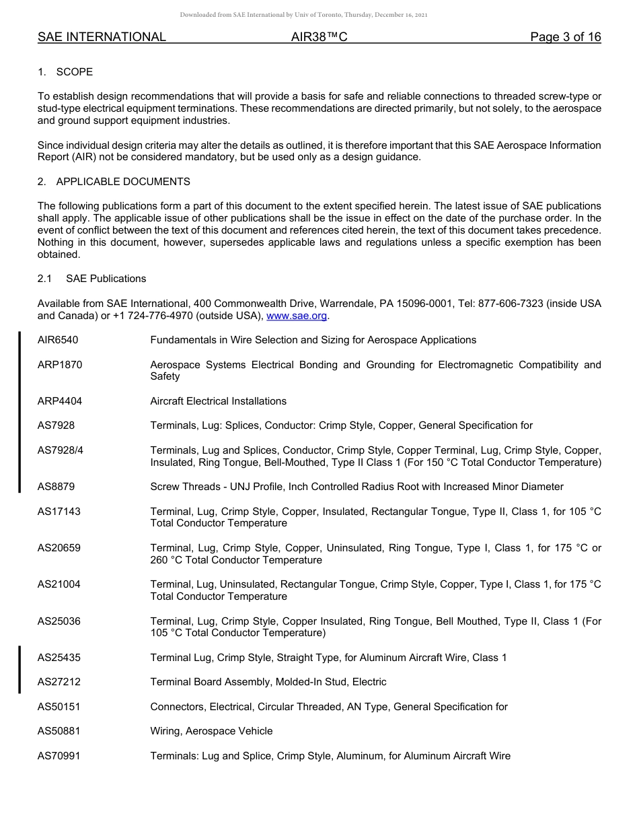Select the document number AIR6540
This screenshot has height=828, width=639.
click(58, 340)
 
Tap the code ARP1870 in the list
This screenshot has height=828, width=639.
click(60, 365)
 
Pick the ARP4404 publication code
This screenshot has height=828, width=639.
click(60, 401)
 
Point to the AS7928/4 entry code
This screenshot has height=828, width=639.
click(61, 450)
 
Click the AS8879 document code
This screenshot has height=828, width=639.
click(57, 487)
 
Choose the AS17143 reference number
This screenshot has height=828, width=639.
click(59, 512)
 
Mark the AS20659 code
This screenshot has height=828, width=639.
click(59, 548)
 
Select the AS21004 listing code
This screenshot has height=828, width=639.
click(59, 584)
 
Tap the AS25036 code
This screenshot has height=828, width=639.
click(59, 621)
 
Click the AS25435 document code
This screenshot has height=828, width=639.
click(59, 658)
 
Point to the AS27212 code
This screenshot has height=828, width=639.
click(59, 682)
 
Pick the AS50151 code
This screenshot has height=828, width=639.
click(59, 707)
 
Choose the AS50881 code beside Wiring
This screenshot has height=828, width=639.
click(59, 731)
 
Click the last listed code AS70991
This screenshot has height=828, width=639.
click(59, 756)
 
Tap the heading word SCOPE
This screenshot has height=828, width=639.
click(75, 72)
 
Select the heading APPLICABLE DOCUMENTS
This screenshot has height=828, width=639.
click(123, 182)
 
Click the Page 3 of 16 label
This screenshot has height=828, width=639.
click(565, 38)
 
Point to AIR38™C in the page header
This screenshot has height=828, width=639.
click(319, 38)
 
